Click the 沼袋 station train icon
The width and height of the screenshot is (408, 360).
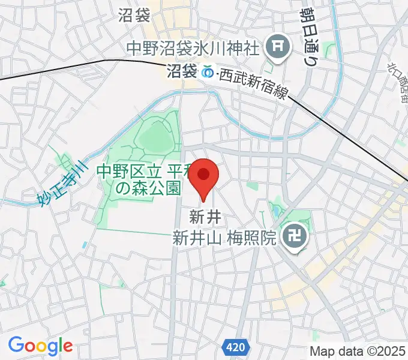(x=208, y=72)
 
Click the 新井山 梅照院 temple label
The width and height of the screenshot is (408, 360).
(x=224, y=238)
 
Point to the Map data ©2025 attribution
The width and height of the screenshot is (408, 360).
(x=358, y=350)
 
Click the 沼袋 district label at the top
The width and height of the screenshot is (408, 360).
(x=134, y=15)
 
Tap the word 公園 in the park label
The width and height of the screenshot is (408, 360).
(x=166, y=189)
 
